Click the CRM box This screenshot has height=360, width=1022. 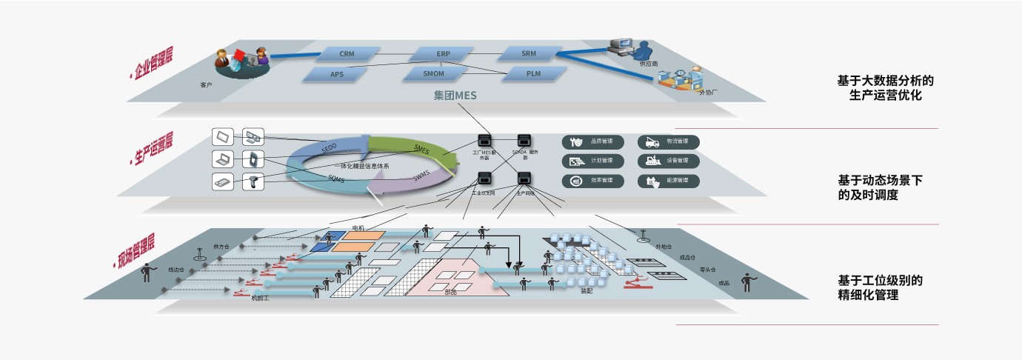tap(347, 54)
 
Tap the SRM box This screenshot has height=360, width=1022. tap(528, 53)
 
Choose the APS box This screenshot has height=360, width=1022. tap(337, 74)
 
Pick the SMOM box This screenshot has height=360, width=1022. tap(433, 74)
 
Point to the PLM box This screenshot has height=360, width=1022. tap(533, 73)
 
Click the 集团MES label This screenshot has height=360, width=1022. tap(455, 96)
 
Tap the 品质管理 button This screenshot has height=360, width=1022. tap(592, 141)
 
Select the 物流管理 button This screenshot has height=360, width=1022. tap(669, 141)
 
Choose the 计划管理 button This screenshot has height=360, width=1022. tap(592, 161)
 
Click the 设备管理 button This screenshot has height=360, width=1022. tap(669, 161)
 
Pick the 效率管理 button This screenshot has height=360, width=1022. tap(592, 181)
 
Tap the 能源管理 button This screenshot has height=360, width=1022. tap(669, 181)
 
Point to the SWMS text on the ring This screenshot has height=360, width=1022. tap(421, 176)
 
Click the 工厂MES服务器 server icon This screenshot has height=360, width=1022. tap(485, 141)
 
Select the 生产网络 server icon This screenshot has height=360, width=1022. tap(525, 179)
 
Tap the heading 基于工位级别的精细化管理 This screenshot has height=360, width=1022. tap(880, 288)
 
